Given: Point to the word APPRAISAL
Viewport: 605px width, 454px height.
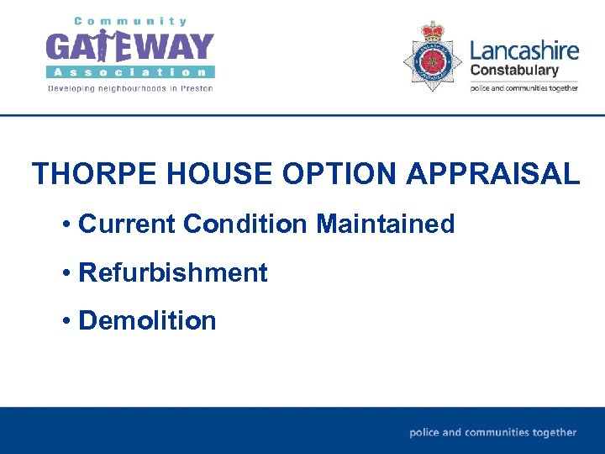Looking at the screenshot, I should (493, 174).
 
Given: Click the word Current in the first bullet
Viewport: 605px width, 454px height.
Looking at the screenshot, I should (126, 224).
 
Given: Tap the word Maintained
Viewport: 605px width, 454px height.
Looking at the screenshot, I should (386, 224).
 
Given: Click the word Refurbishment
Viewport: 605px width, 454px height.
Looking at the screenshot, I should (172, 272).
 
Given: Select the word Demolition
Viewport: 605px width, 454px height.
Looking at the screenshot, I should (147, 320).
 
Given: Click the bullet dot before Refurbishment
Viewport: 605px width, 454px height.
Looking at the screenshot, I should (66, 273).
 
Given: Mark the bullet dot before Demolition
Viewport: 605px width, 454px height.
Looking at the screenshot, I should (66, 321).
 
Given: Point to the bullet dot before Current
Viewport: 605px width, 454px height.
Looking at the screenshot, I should (66, 225).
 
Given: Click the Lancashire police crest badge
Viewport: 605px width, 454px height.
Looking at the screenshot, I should (433, 56).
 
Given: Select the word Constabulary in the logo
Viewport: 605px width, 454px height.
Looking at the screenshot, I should (514, 71).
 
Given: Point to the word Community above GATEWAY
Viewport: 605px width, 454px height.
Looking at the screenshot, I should (130, 21).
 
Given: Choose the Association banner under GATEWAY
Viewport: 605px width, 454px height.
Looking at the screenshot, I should (130, 72).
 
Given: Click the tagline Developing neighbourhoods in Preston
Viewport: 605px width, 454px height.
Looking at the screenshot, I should (130, 87).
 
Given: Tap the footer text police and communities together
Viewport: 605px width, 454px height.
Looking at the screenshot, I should (493, 432).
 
